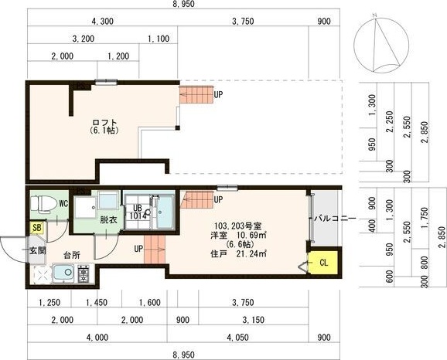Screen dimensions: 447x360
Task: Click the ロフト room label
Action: point(104,123)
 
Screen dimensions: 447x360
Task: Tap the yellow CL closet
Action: point(323,263)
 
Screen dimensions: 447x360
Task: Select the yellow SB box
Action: point(37,228)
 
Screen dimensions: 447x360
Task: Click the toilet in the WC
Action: point(41,204)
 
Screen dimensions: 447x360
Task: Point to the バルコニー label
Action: point(335,219)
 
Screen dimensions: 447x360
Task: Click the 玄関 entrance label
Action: point(38,251)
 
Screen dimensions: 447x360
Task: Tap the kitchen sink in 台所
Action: point(63,273)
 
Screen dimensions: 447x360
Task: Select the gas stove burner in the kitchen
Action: point(84,273)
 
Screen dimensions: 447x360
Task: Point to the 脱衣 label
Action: point(108,220)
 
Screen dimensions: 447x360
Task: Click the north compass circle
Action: point(381,45)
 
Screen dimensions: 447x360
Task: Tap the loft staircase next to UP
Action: point(196,95)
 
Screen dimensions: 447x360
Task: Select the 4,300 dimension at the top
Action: point(102,22)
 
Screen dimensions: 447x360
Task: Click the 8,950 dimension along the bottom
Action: point(184,355)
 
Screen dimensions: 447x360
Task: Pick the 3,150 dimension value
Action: point(254,320)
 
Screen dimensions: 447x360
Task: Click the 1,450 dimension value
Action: point(97,303)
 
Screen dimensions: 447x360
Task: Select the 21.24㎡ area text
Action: point(251,253)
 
